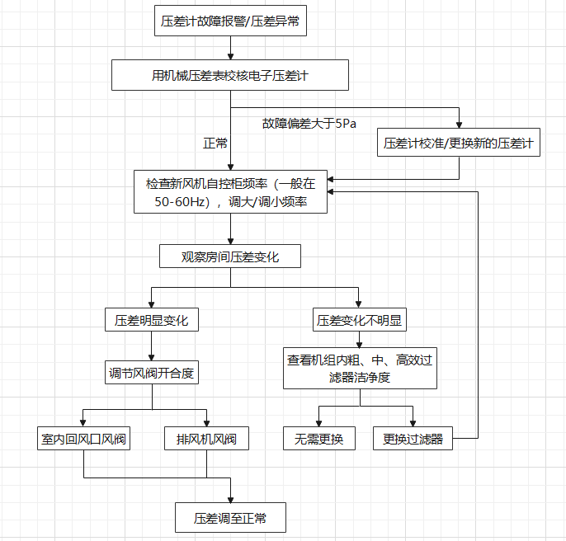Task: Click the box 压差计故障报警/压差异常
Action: tap(230, 22)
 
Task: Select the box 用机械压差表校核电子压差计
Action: tap(230, 76)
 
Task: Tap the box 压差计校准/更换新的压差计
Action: tap(459, 143)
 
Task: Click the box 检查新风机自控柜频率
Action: tap(230, 191)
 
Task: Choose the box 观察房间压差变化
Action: tap(230, 256)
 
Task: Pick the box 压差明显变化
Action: tap(152, 320)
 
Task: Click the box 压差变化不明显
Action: tap(360, 320)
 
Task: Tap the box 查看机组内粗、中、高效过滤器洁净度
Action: tap(360, 368)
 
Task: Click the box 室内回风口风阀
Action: tap(84, 439)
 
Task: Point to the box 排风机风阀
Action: tap(206, 439)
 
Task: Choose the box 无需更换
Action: tap(318, 439)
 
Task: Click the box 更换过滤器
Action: tap(413, 439)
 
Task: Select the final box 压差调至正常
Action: tap(230, 518)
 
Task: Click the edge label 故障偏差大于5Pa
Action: tap(309, 124)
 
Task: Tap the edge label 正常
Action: tap(215, 143)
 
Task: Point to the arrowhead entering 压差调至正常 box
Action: tap(230, 499)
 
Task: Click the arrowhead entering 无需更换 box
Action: tap(318, 422)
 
